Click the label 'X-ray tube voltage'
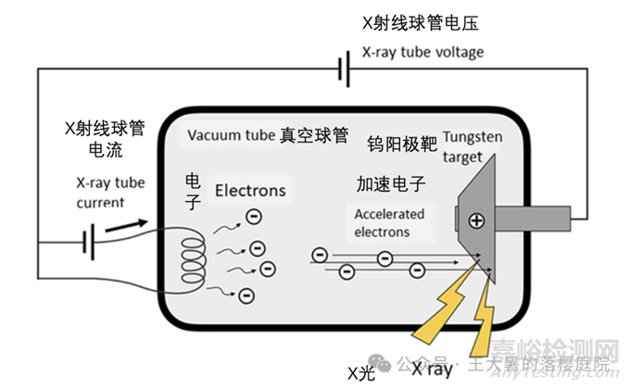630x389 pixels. (422, 52)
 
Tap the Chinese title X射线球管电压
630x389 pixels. (422, 20)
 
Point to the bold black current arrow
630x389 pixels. (128, 225)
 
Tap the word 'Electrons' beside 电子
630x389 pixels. (250, 192)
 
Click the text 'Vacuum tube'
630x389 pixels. (230, 136)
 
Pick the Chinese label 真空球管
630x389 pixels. (314, 136)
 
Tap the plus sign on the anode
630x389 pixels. (476, 220)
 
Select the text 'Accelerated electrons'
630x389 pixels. (390, 222)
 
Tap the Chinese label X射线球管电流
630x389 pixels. (102, 138)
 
